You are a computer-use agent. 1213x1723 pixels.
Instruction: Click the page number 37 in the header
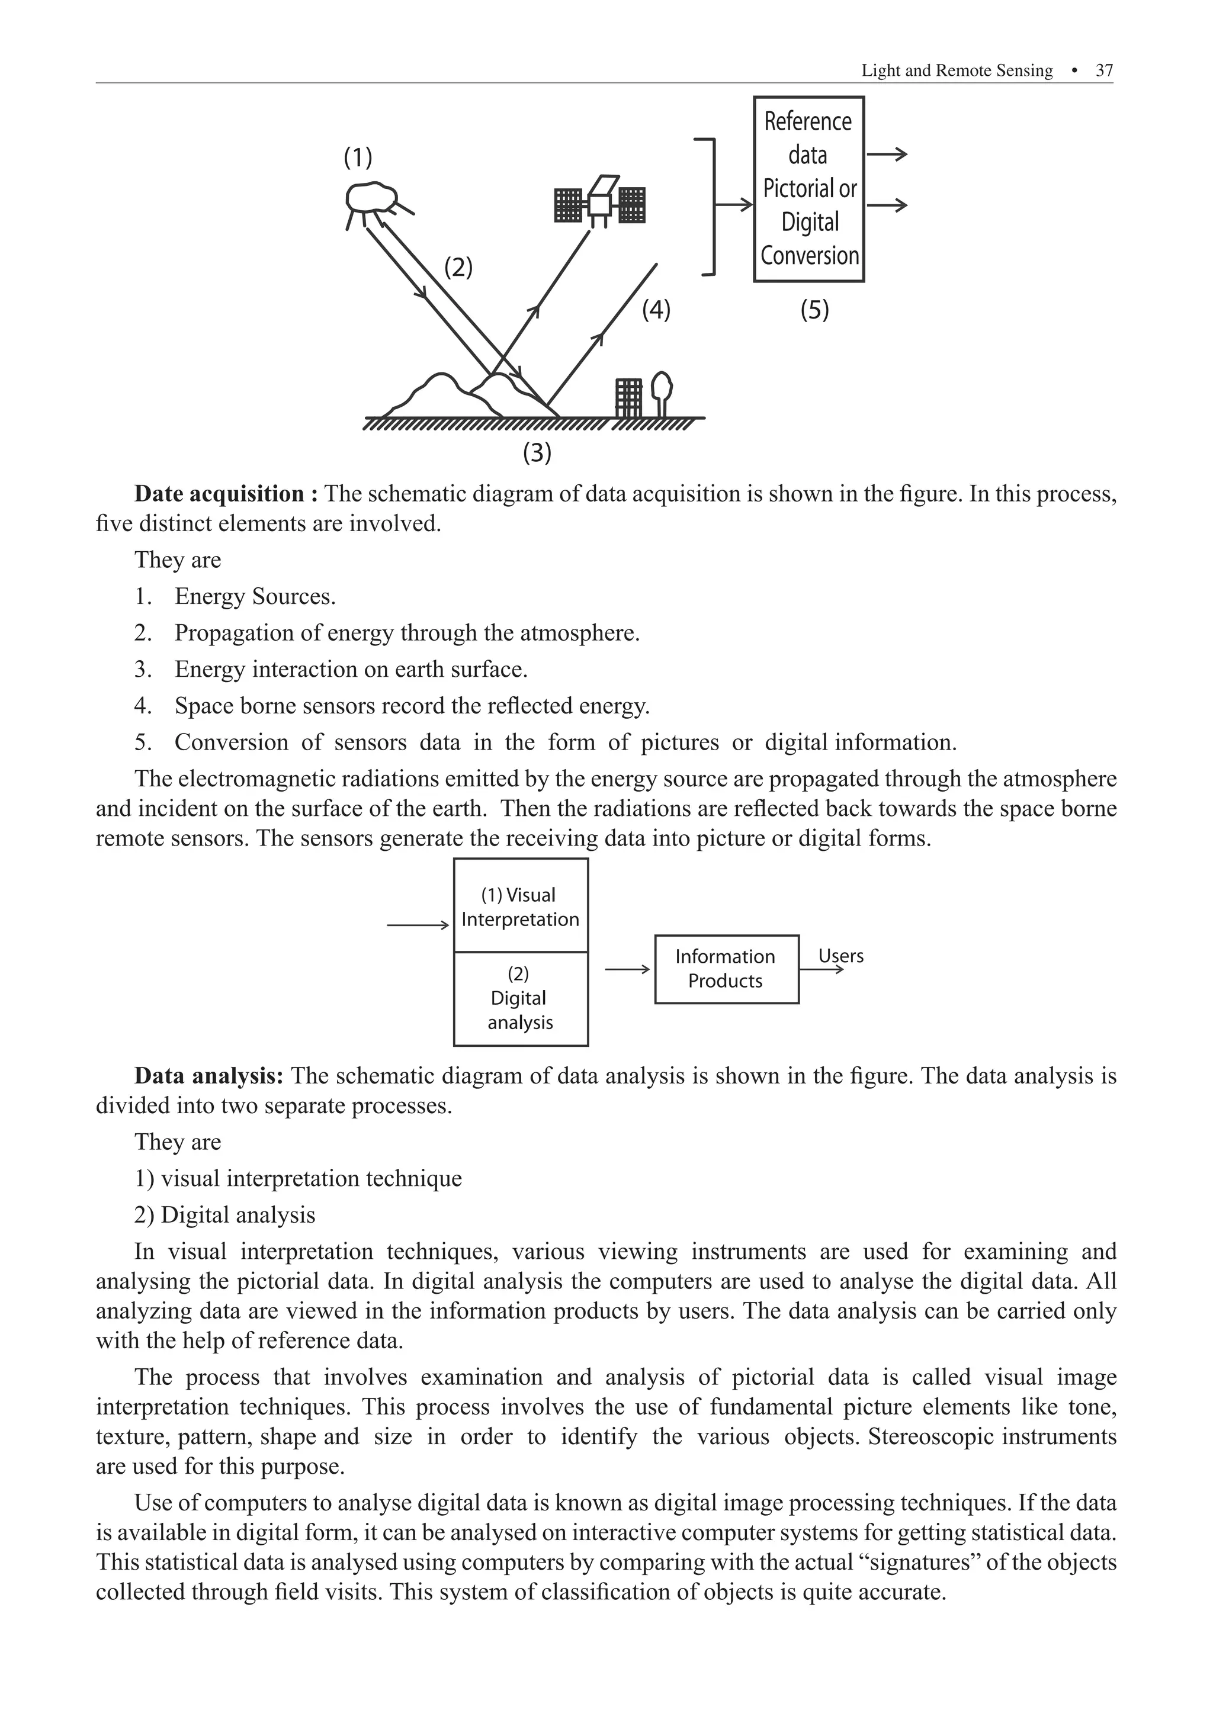click(1103, 70)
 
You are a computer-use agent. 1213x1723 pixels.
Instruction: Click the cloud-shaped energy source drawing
click(373, 199)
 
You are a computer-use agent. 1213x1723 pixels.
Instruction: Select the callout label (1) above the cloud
click(358, 157)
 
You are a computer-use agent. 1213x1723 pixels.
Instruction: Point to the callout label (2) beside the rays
click(458, 267)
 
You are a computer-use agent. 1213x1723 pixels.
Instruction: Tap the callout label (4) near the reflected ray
click(656, 309)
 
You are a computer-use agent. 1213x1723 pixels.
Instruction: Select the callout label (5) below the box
click(814, 309)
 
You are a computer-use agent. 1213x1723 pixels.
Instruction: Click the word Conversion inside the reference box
click(809, 256)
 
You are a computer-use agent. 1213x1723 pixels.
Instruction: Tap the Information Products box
click(726, 969)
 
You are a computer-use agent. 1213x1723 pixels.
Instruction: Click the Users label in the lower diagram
click(840, 956)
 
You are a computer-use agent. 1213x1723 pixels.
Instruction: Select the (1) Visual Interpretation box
click(520, 906)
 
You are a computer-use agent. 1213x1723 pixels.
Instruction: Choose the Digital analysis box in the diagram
click(520, 999)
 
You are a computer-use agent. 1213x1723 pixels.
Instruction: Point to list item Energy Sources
click(255, 597)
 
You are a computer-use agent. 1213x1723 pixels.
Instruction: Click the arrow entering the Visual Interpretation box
click(418, 926)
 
